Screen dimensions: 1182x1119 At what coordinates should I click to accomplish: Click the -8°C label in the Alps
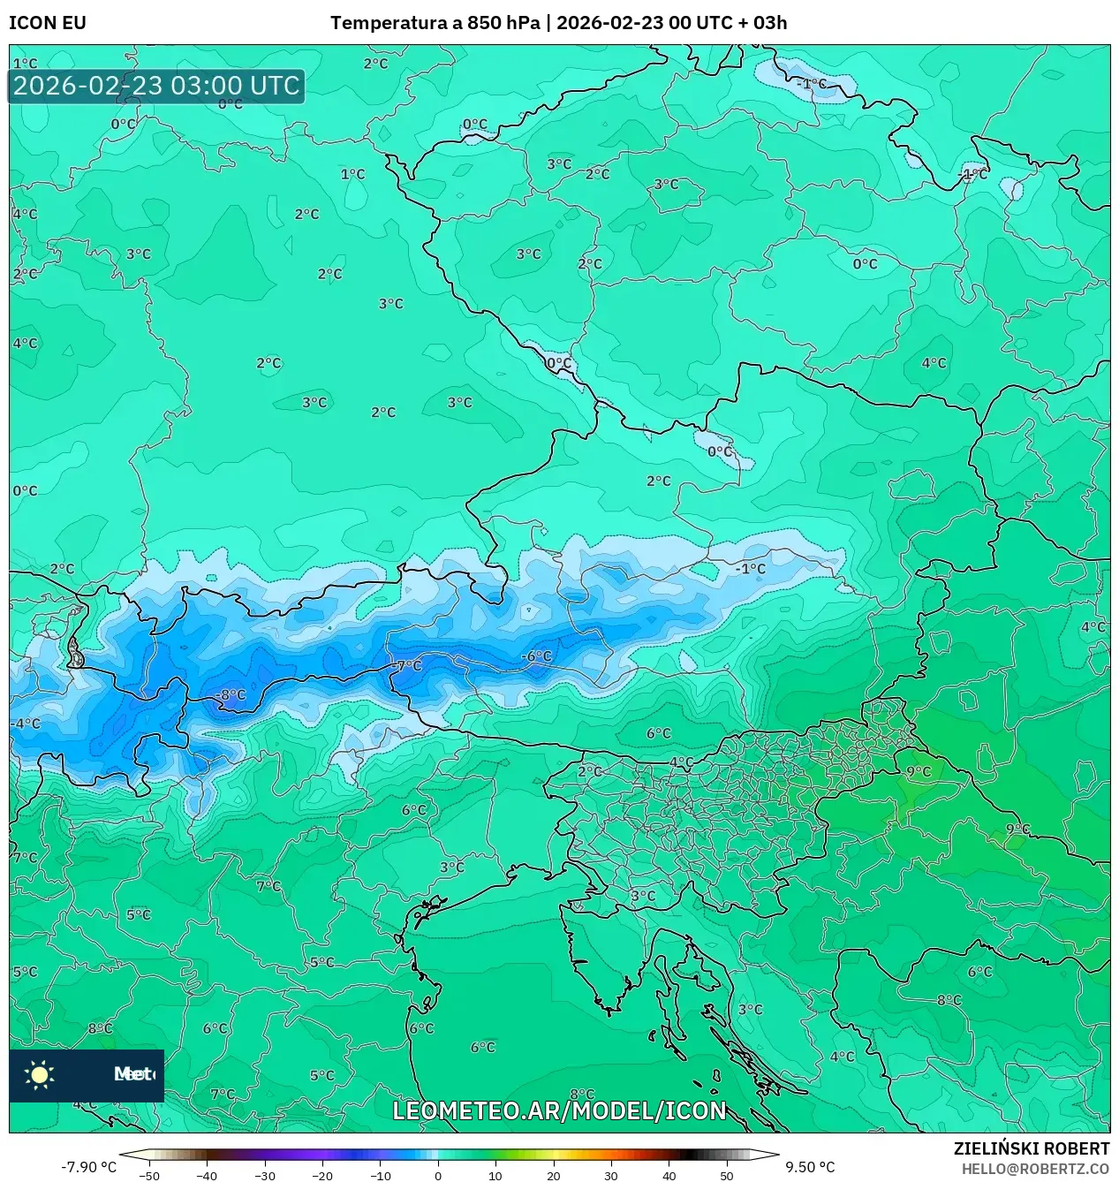231,695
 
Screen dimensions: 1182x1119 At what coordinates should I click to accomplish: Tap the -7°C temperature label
407,665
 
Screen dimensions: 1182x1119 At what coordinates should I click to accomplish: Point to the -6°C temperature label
536,655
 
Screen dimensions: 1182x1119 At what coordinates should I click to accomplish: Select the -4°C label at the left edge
26,724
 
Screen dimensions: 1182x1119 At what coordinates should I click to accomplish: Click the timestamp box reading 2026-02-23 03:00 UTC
156,86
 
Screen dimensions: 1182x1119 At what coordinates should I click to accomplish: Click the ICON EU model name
48,23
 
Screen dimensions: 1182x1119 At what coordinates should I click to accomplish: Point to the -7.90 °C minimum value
88,1167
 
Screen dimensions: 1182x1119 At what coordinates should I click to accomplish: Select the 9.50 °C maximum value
810,1167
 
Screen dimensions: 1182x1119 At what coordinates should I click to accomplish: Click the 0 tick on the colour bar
438,1175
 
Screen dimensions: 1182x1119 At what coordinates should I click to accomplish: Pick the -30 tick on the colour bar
265,1175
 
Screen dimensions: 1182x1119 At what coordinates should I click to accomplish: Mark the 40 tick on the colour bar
669,1175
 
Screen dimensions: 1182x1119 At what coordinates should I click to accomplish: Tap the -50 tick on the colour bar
149,1175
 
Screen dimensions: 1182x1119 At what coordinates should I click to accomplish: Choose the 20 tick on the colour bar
553,1175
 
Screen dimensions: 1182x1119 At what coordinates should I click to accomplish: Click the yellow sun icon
40,1074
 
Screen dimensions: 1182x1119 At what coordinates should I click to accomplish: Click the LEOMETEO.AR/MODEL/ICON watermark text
559,1110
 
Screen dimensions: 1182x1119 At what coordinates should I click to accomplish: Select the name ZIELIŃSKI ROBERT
1031,1148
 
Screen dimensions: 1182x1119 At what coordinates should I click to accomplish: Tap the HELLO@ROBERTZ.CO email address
1035,1169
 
